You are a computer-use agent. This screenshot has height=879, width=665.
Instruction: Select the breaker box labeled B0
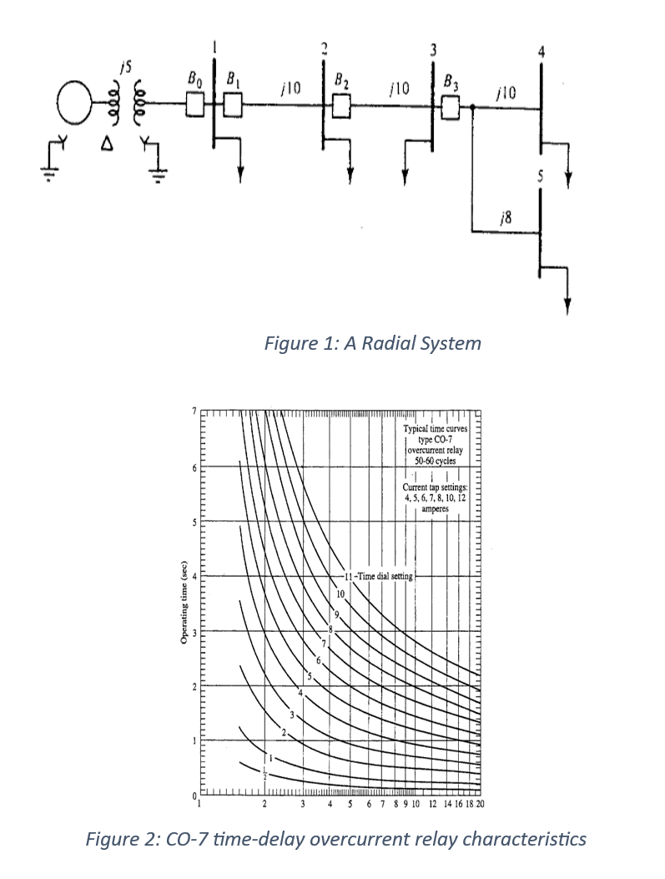[x=194, y=104]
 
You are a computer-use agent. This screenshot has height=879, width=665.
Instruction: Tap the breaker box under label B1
[x=233, y=104]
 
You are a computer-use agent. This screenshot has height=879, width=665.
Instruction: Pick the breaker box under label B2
[x=341, y=105]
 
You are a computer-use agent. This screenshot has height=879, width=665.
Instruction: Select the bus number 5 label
[x=541, y=177]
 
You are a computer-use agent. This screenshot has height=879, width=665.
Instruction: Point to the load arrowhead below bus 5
[x=567, y=306]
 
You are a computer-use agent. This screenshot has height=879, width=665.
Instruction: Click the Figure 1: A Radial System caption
[x=372, y=343]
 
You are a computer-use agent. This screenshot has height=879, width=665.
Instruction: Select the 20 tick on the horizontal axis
[x=480, y=805]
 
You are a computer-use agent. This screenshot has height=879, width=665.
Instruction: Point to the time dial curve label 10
[x=340, y=594]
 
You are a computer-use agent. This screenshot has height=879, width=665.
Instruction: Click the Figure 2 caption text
[x=335, y=838]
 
